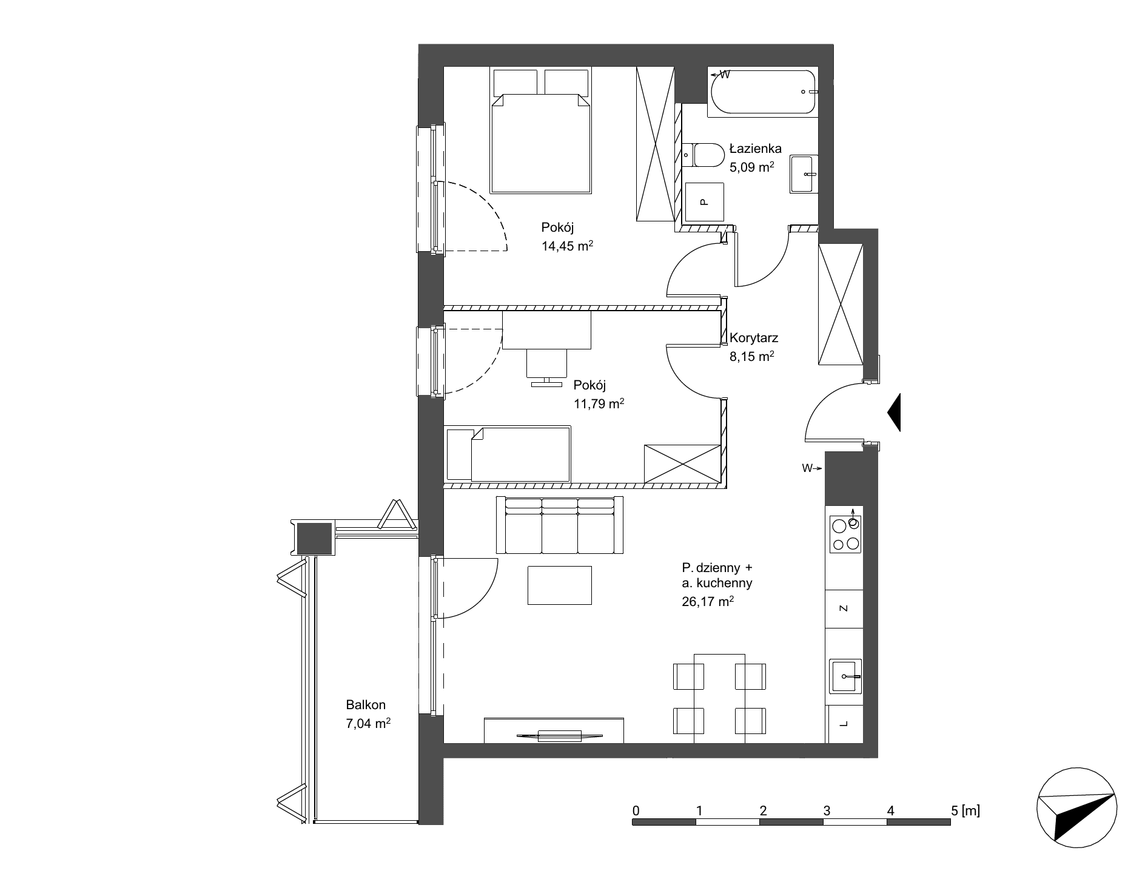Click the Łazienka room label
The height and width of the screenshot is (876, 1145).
tap(755, 149)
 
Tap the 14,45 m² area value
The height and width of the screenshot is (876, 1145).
tap(566, 246)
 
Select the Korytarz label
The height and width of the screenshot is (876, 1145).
tap(754, 338)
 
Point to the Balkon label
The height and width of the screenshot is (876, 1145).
tap(366, 705)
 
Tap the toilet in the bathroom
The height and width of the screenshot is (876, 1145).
tap(702, 155)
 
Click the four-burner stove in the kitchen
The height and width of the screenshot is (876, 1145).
tap(845, 534)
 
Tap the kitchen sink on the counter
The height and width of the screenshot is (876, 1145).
tap(845, 675)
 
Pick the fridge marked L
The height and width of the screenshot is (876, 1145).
tap(844, 724)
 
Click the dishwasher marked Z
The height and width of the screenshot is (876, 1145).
tap(844, 608)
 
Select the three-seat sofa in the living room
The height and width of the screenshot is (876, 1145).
tap(559, 525)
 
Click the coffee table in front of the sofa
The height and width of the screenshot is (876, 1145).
tap(559, 585)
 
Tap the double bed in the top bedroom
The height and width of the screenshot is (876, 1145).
tap(541, 132)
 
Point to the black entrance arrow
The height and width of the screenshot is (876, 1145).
tap(894, 413)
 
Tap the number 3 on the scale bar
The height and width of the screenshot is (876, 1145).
tap(827, 810)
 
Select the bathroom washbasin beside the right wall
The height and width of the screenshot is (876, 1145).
tap(804, 174)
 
